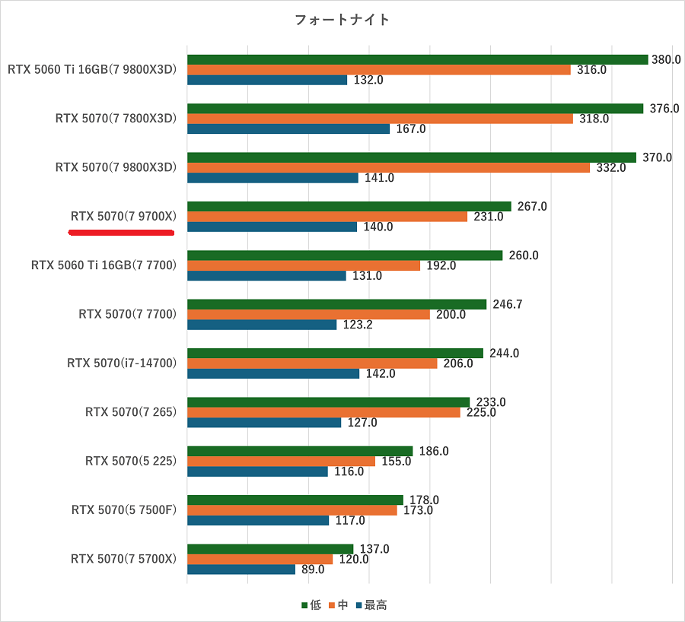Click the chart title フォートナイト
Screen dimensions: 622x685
(342, 20)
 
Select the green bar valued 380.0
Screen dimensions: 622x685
(417, 59)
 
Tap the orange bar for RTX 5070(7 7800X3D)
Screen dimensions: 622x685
(380, 119)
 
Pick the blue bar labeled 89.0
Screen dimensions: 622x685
(241, 569)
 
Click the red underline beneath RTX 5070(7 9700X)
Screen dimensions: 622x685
(123, 233)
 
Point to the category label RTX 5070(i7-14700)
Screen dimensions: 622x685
(122, 363)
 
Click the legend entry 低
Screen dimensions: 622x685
(311, 605)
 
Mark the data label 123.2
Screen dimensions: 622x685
(358, 324)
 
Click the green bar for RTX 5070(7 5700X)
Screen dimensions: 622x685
(270, 549)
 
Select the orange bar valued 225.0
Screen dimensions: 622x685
(323, 412)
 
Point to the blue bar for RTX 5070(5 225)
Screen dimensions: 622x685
(257, 471)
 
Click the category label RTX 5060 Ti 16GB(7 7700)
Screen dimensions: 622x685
(104, 265)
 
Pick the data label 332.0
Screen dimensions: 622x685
(610, 167)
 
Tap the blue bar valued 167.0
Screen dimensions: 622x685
(288, 129)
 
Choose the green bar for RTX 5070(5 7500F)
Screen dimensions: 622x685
(295, 500)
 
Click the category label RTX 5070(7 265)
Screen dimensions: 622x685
(131, 412)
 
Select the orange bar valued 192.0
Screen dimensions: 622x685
(303, 265)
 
